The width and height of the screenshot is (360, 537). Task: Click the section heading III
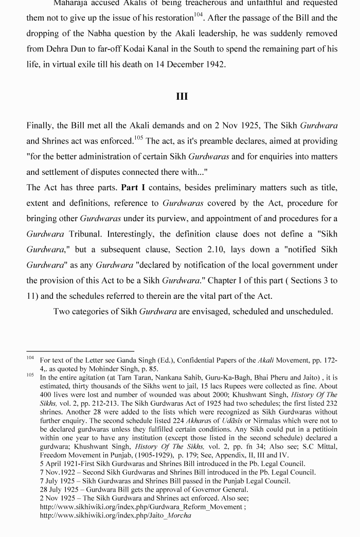coord(182,96)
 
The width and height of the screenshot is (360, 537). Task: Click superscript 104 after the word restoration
coord(199,15)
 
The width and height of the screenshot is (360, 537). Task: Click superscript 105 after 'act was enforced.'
coord(138,138)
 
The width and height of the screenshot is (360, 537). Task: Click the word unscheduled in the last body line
coord(311,312)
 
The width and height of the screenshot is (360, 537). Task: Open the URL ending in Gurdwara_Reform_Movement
coord(142,507)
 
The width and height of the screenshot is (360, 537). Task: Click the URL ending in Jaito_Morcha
coord(115,515)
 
